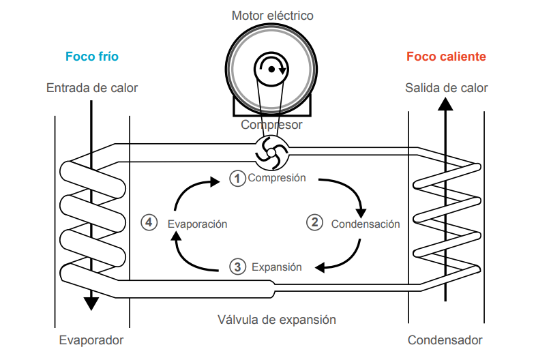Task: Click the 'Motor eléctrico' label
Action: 272,15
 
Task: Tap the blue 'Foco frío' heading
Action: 91,57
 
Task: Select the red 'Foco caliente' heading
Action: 446,57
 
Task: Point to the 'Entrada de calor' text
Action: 91,88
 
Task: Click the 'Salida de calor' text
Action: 446,88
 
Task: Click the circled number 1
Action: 237,179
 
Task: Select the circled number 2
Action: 314,222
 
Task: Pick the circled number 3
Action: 237,267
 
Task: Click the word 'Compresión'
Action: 276,179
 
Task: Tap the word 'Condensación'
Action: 366,224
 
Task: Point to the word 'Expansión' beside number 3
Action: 276,267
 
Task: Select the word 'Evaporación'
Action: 197,224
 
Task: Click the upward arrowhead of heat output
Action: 445,104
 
